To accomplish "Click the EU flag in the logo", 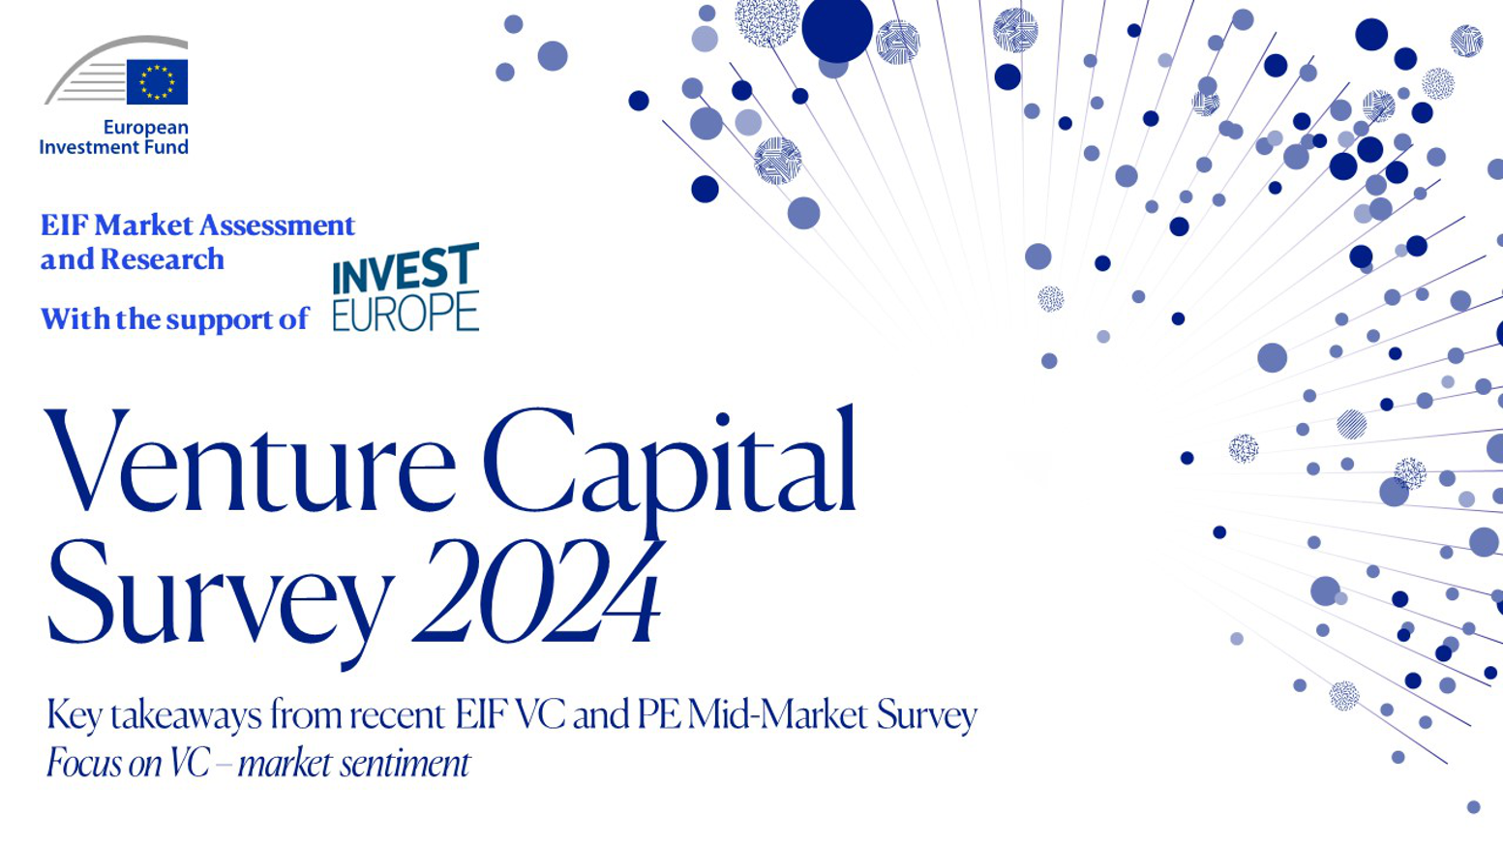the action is click(157, 82).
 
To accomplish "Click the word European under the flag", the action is click(145, 128).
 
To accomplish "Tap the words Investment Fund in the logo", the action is click(113, 147).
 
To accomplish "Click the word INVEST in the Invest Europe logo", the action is click(406, 268).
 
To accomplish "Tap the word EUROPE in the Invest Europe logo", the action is click(406, 314).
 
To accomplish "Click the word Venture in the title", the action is click(250, 461).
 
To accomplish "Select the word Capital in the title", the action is click(669, 469).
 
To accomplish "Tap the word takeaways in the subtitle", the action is click(186, 716).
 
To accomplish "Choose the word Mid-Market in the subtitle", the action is click(778, 714).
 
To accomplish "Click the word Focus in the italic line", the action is click(84, 764).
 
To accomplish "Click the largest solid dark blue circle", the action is click(837, 29).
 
